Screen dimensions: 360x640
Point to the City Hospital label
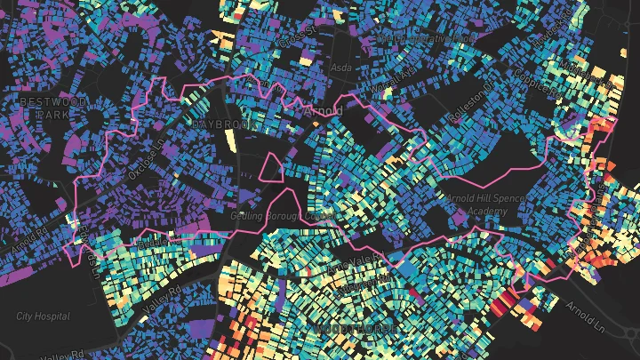[42, 316]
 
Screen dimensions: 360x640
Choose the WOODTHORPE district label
[347, 329]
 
